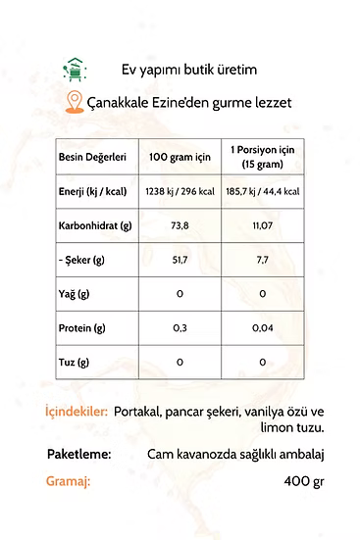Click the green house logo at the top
75,69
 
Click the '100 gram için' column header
180,157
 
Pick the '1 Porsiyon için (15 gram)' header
262,157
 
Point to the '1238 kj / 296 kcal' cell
180,190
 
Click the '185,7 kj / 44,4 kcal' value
262,190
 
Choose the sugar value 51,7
180,259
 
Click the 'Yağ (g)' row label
74,294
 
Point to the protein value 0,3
180,328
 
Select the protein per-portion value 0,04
262,328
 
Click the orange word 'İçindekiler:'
76,413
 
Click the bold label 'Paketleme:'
78,455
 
